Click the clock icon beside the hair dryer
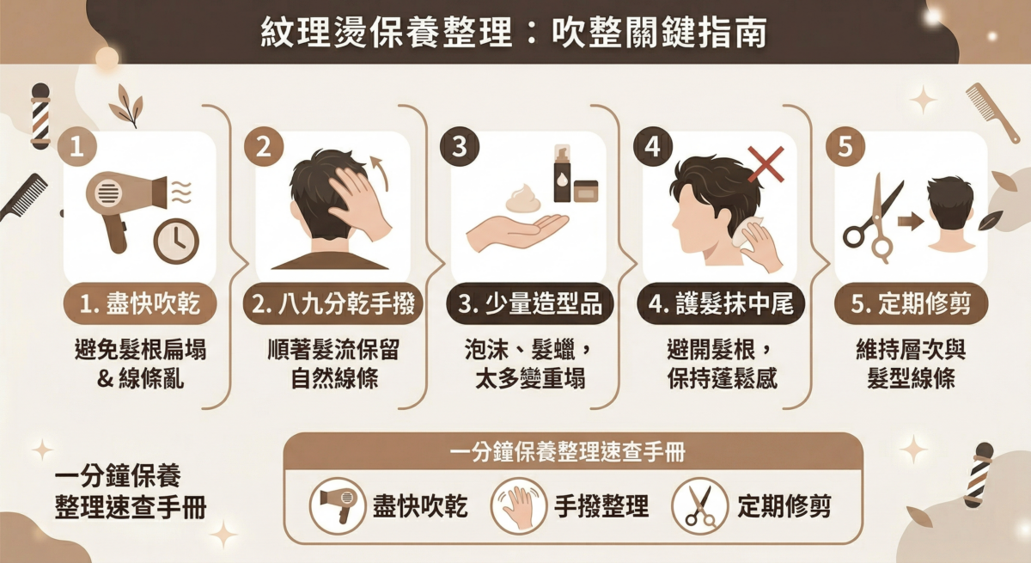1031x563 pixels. click(175, 242)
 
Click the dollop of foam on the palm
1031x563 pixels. click(522, 201)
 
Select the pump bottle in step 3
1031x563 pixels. click(563, 172)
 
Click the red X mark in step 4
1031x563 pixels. click(765, 163)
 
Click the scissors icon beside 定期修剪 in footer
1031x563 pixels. click(700, 506)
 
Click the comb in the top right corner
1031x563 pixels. click(992, 112)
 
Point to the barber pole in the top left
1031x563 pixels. click(40, 116)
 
